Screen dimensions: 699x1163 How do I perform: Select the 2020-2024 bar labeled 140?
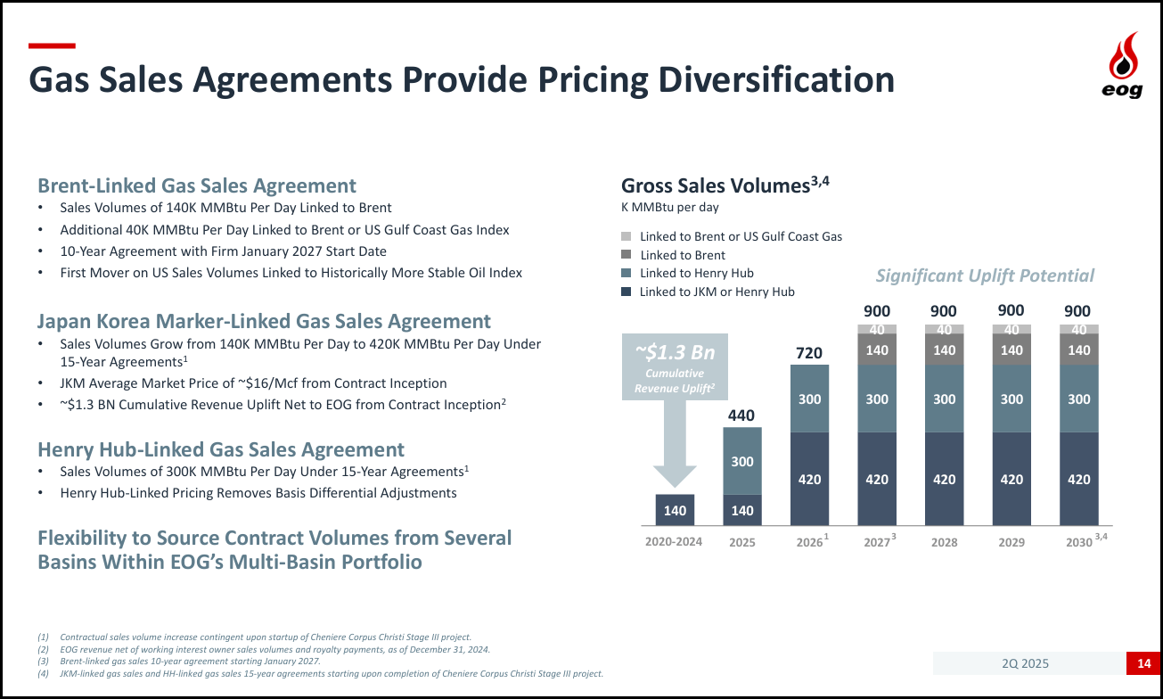pos(675,510)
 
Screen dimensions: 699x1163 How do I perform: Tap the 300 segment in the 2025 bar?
pos(742,461)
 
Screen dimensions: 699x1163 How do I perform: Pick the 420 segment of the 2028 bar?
pos(944,479)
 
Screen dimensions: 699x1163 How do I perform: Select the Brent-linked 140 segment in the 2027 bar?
pos(877,350)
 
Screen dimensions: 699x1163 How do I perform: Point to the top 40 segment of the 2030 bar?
pos(1078,329)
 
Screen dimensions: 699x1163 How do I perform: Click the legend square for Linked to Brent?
pos(627,255)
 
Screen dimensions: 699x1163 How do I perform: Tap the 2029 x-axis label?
pos(1011,542)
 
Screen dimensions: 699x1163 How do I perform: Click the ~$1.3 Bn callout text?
pos(675,352)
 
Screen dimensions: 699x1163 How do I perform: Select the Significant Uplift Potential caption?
pos(985,275)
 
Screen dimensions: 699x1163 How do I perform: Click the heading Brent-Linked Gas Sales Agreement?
pos(197,185)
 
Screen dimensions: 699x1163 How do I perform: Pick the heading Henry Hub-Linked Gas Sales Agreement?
pos(221,449)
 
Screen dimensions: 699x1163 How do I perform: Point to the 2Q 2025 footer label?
pos(1025,662)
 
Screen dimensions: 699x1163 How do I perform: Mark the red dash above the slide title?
pos(52,45)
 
